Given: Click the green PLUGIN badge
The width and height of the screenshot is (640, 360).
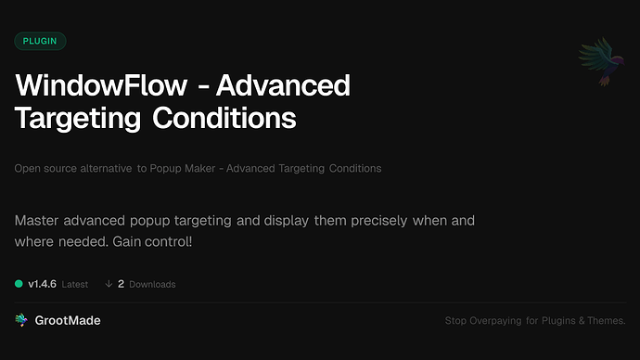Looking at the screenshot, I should coord(40,41).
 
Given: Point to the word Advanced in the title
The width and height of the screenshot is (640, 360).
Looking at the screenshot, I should coord(286,87).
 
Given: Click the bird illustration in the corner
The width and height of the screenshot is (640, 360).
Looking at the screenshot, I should coord(599,61).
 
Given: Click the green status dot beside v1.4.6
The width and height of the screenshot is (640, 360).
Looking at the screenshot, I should coord(19,283).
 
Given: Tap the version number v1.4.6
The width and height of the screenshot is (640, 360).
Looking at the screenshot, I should coord(43,283).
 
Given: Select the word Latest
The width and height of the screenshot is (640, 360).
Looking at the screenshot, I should coord(74,284).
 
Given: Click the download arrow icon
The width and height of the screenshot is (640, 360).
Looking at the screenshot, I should coord(109,283).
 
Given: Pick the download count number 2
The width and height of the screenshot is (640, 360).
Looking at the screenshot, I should coord(121,283).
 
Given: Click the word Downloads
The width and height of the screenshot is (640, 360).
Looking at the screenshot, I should coord(152,284).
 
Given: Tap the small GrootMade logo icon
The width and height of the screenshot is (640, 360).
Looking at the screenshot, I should coord(21,320).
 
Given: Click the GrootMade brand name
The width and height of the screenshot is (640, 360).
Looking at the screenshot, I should coord(68,320).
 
